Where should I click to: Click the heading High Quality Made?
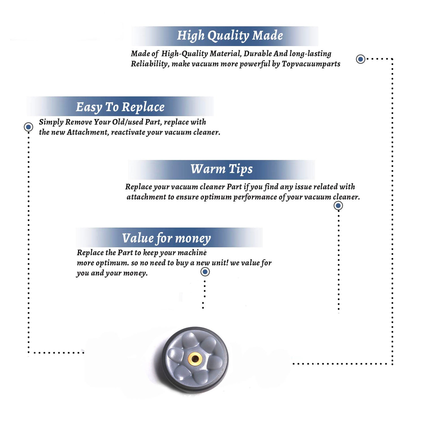point(230,36)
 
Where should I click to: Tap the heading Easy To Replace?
point(120,107)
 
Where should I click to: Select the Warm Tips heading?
point(222,169)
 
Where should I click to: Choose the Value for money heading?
point(166,238)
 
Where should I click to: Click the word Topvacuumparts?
point(311,64)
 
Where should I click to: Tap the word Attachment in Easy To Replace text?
point(88,132)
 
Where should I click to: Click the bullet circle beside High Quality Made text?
point(360,59)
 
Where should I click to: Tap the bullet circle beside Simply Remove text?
point(28,127)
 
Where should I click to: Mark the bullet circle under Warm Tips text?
point(338,205)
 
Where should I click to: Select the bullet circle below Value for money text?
point(205,272)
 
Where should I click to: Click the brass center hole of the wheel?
point(195,359)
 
